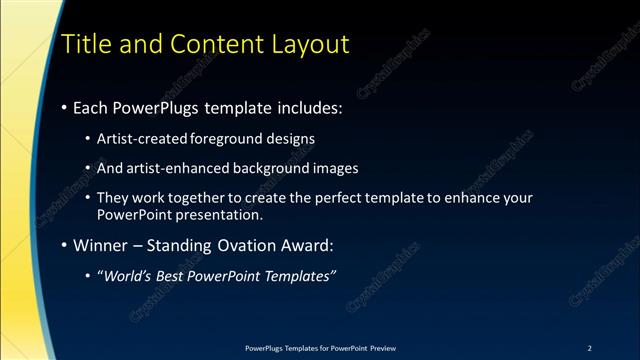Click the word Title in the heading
point(85,45)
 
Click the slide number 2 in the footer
point(590,348)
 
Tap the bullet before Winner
point(65,244)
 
